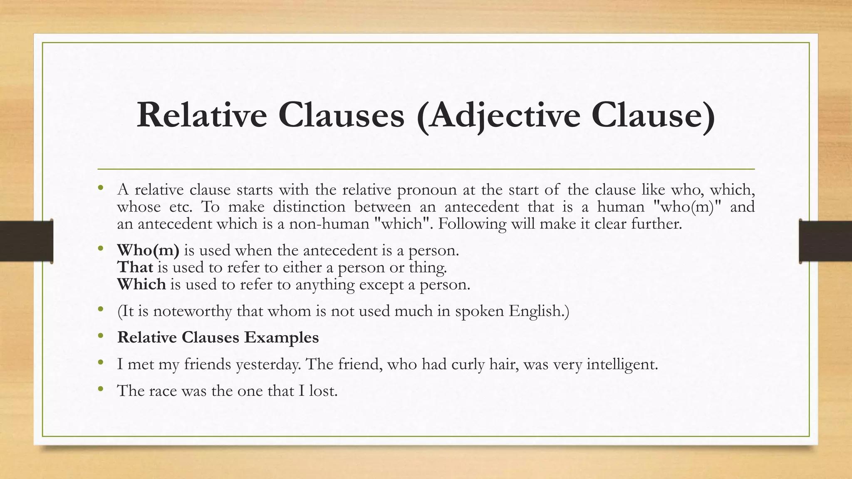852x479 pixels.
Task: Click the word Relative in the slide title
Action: coord(202,115)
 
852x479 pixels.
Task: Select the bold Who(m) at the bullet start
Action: coord(148,250)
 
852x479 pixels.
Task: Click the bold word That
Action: coord(135,267)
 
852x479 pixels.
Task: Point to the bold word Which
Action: coord(141,284)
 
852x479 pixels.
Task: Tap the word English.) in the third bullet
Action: coord(539,311)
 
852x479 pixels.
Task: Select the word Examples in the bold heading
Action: coord(281,337)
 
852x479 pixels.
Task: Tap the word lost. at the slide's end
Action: coord(323,391)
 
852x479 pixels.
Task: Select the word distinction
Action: coord(309,207)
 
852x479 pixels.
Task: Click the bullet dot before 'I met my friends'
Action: coord(100,363)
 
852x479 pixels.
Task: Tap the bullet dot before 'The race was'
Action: coord(100,390)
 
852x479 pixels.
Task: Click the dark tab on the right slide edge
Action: coord(825,241)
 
